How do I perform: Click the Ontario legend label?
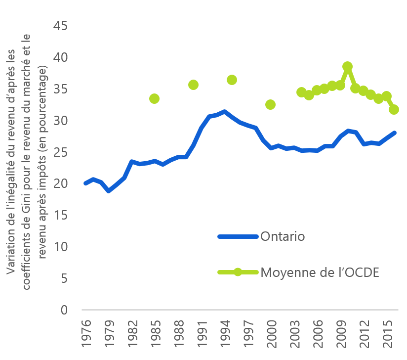283,236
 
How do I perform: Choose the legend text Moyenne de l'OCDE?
319,272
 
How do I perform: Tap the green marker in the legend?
238,272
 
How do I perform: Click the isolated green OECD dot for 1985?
155,98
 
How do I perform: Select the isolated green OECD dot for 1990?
193,85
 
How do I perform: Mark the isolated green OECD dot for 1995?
232,80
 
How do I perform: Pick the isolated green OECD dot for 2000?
270,104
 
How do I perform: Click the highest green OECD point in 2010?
347,66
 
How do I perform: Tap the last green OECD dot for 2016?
394,109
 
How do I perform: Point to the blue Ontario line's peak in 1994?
224,112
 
